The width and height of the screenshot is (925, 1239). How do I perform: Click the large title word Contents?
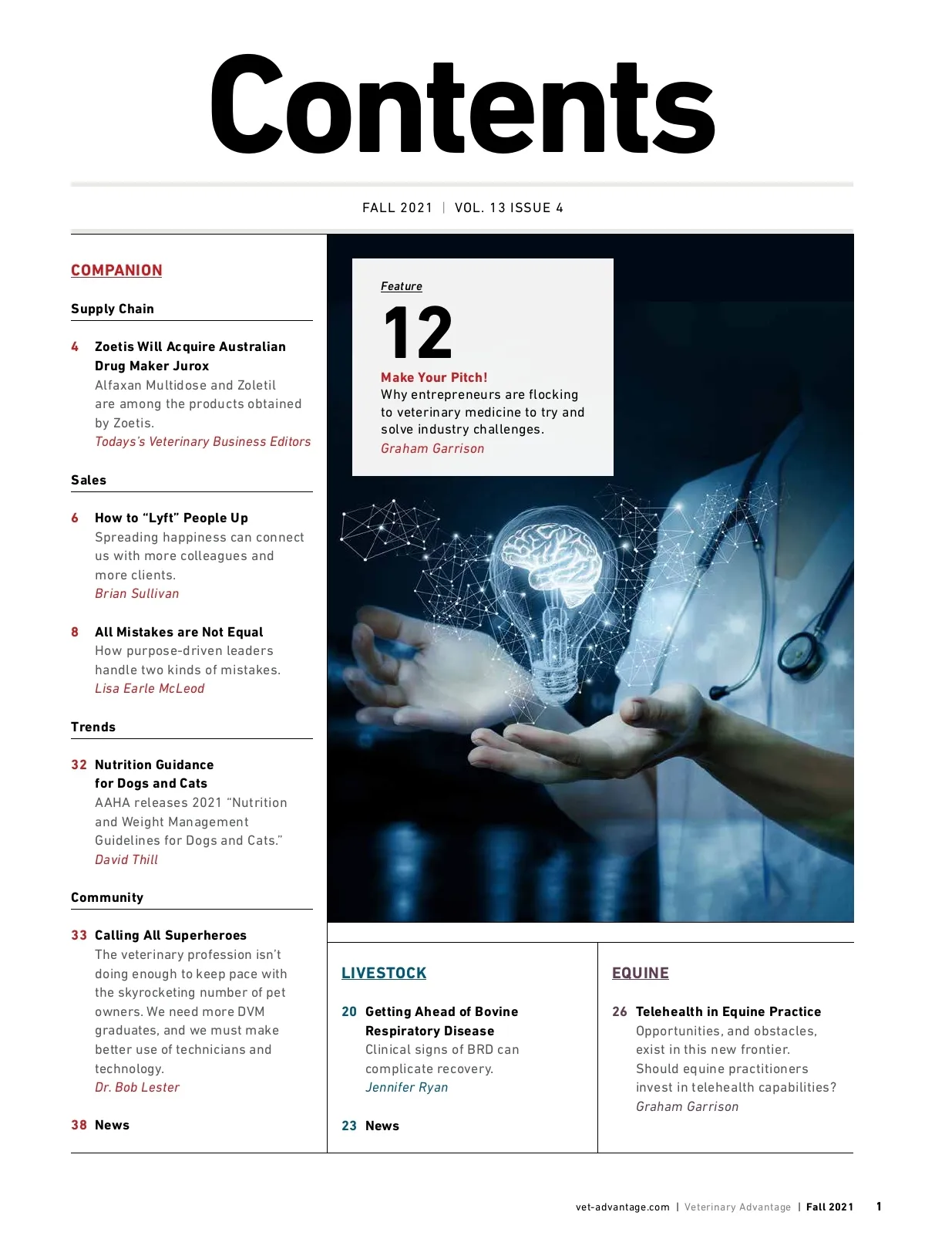click(462, 106)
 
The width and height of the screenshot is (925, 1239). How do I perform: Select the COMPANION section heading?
click(116, 270)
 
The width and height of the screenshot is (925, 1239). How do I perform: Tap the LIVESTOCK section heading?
click(384, 973)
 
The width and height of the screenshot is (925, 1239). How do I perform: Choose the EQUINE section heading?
click(640, 973)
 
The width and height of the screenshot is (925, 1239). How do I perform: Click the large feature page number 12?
click(417, 333)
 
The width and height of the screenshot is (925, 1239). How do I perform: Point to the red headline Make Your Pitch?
click(434, 377)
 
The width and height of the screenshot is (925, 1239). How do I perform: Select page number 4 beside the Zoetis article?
click(75, 346)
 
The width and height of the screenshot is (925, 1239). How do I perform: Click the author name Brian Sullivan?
click(136, 593)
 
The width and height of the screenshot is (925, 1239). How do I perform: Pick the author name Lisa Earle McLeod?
click(150, 688)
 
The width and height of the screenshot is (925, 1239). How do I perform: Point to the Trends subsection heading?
click(93, 727)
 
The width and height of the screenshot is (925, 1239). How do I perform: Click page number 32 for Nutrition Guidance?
click(79, 765)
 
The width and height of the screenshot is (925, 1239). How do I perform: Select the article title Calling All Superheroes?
click(170, 935)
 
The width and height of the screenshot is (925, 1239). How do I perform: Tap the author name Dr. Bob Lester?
click(136, 1087)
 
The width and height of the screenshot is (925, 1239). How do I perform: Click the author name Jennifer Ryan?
click(406, 1087)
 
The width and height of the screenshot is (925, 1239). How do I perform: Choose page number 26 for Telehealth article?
click(619, 1011)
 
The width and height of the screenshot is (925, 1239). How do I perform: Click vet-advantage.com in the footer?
click(622, 1207)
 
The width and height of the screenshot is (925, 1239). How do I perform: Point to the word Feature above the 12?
click(401, 286)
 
